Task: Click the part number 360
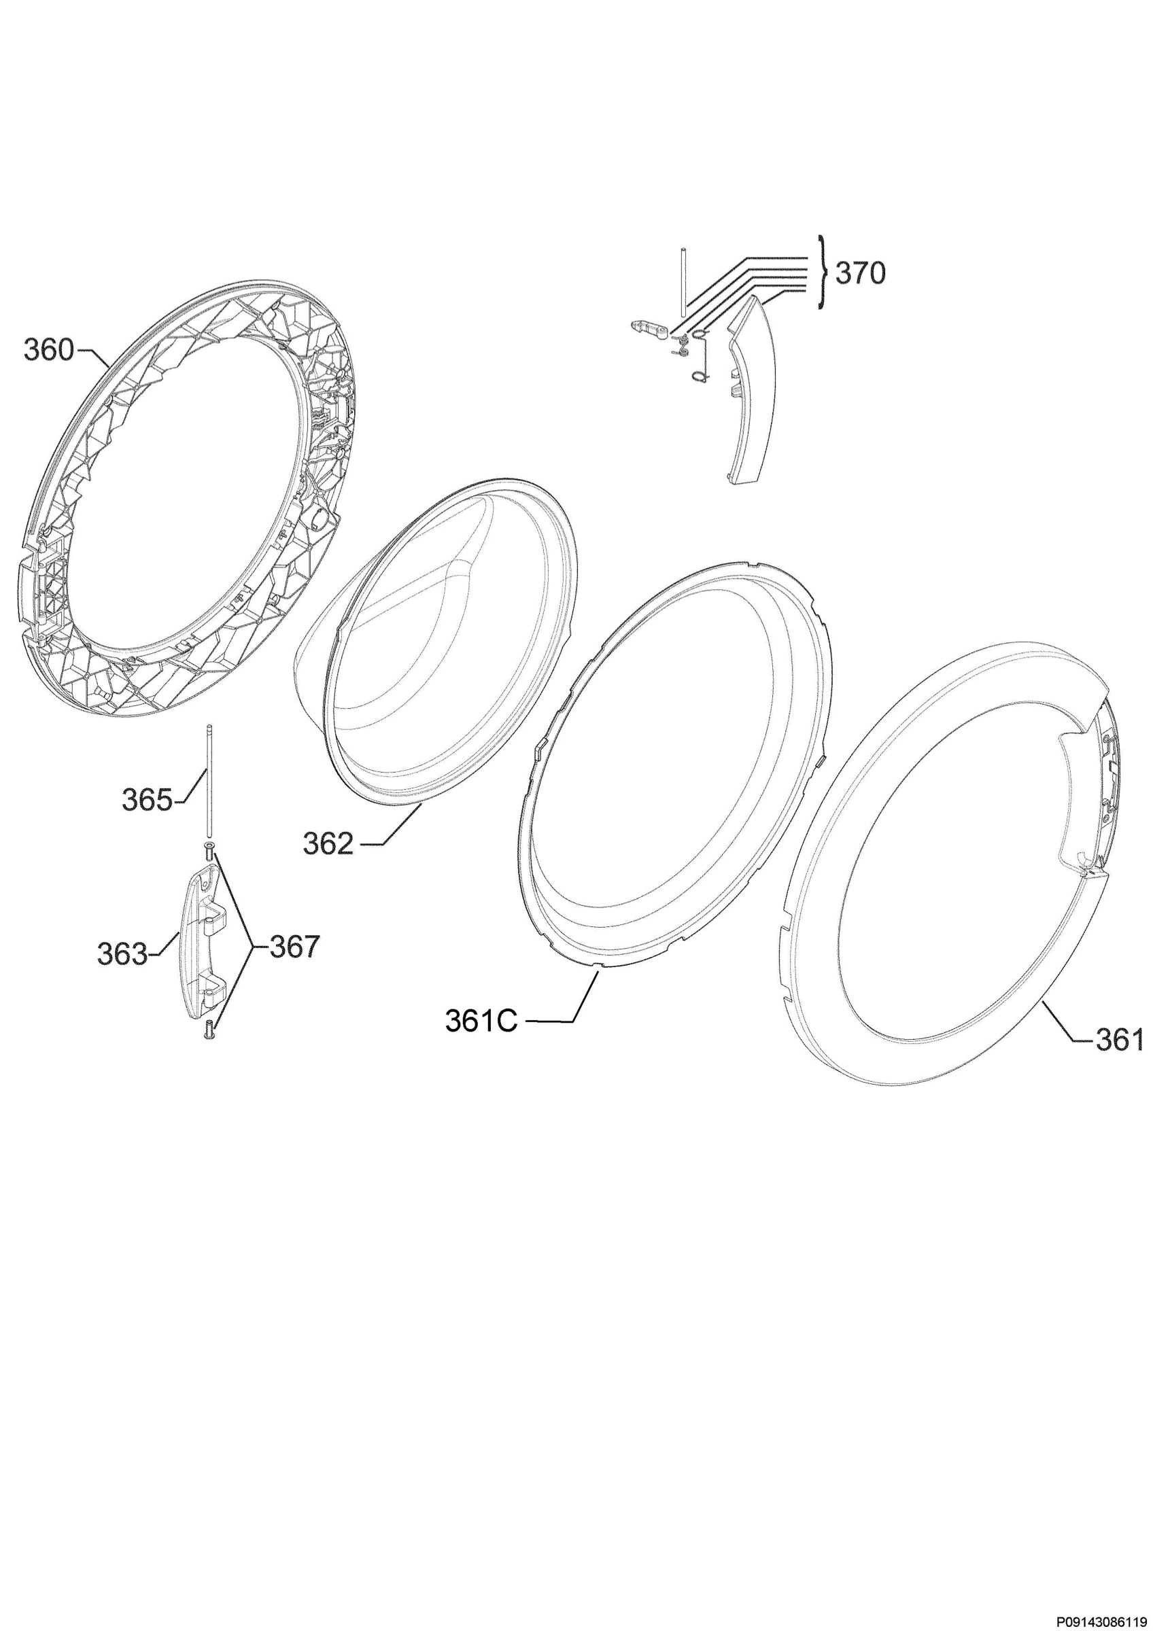pos(48,349)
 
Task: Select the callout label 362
pos(328,844)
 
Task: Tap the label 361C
pos(481,1021)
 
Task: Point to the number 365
pos(147,801)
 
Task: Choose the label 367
pos(295,947)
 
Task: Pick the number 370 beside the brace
pos(860,273)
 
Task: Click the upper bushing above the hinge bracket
pos(209,852)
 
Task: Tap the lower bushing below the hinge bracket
pos(209,1030)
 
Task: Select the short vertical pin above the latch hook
pos(681,280)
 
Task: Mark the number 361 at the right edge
pos(1120,1041)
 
